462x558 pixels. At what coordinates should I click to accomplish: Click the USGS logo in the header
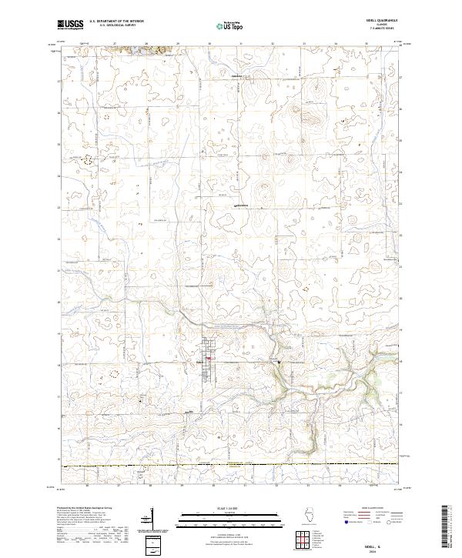[70, 25]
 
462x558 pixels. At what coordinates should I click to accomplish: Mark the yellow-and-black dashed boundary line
[231, 466]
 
